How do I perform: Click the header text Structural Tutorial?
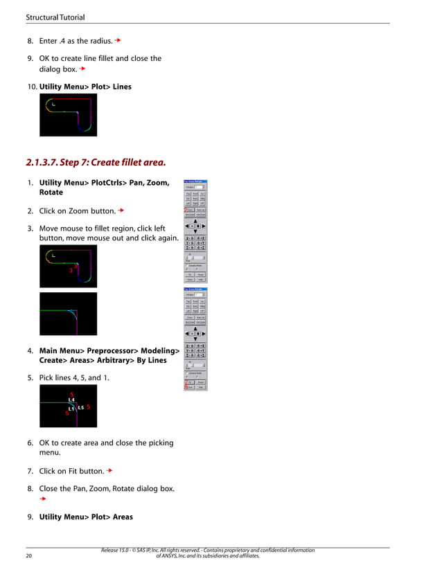[55, 17]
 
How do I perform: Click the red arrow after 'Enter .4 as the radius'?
[118, 41]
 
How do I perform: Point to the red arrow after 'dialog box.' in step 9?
[82, 69]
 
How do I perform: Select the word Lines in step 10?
[120, 87]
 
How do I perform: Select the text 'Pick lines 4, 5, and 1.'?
[73, 378]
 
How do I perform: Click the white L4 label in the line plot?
[71, 400]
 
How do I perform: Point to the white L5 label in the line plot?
[80, 408]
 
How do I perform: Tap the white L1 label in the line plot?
[71, 409]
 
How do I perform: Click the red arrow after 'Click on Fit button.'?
[109, 471]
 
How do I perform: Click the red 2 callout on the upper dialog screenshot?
[186, 208]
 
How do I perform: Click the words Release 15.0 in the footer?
[117, 551]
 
